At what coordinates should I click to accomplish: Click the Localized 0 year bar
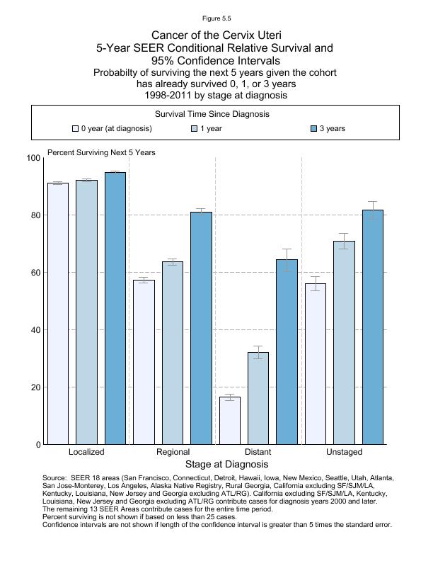58,313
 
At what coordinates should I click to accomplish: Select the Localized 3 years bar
115,308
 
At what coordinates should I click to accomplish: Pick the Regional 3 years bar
201,328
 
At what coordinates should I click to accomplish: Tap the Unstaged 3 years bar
373,327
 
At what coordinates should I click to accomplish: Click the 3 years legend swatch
314,129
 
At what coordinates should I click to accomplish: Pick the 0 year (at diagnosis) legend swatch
75,129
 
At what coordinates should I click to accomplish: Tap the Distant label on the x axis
258,452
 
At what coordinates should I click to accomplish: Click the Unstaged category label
344,452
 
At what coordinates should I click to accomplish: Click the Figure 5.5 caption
216,18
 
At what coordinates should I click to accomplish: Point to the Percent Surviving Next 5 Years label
101,152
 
